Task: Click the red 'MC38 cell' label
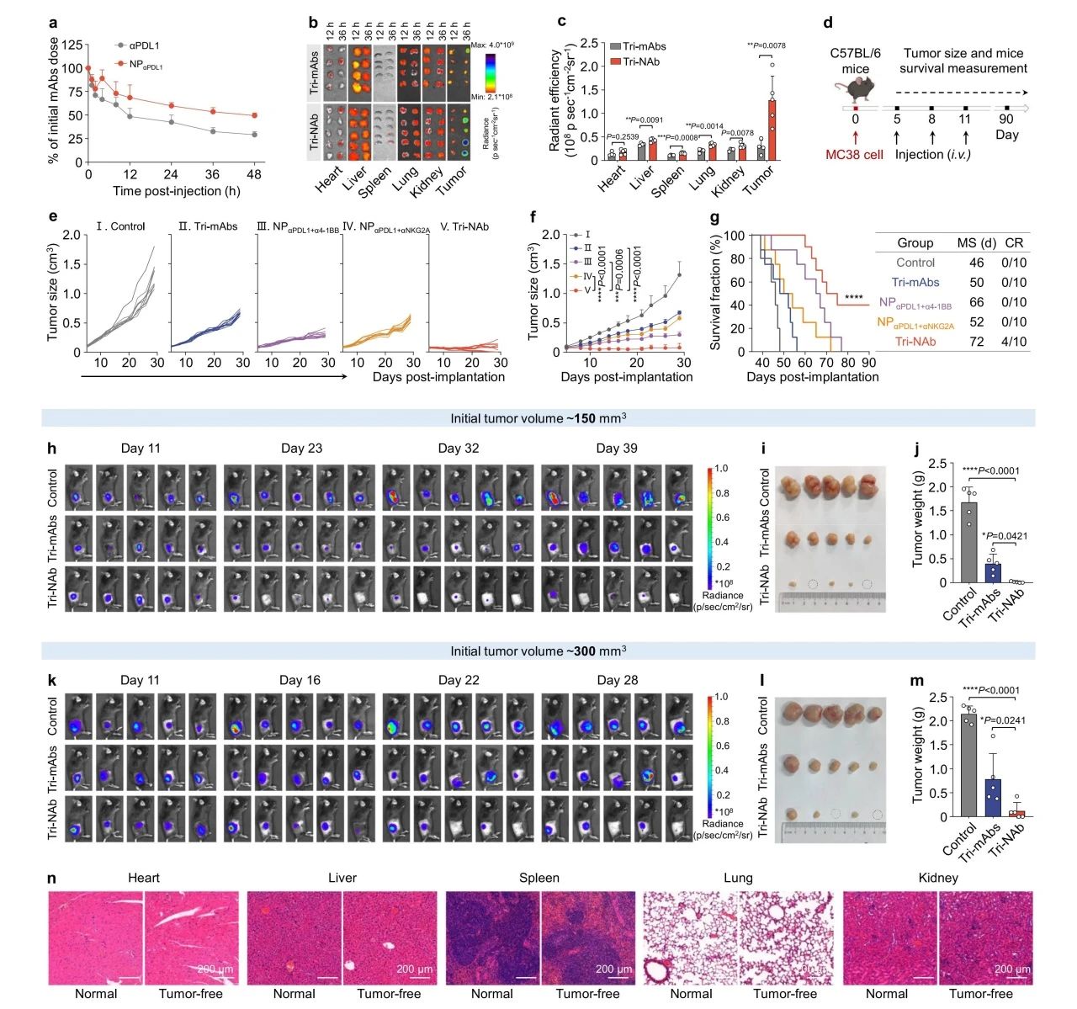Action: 854,155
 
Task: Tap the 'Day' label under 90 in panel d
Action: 1006,135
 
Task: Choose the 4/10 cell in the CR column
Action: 1014,342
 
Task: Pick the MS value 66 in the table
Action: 976,302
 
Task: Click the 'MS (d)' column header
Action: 976,243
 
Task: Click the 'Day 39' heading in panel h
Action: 617,448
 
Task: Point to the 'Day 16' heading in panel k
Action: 300,680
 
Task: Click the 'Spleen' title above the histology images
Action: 538,878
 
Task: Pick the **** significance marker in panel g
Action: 853,298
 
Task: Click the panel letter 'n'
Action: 52,879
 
